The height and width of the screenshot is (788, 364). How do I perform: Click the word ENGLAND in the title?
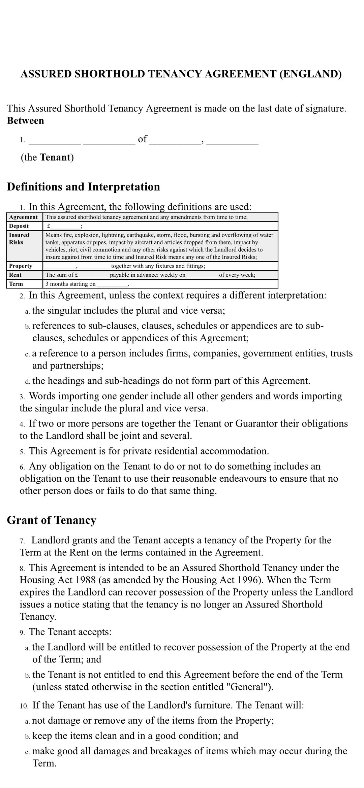tap(310, 74)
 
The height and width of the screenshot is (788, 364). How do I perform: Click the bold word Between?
tap(25, 121)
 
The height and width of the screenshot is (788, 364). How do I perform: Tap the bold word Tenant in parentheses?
tap(55, 157)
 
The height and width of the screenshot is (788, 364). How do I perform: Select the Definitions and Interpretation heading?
tap(83, 187)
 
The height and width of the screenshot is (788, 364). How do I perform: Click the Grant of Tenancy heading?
tap(52, 520)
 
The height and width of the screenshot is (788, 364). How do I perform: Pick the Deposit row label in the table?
tap(19, 226)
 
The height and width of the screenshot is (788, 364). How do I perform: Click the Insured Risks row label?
tap(19, 239)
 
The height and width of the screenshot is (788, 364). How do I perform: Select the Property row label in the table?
tap(21, 266)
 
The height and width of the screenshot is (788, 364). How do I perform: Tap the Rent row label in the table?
tap(15, 275)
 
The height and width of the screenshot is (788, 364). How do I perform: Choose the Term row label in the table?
tap(16, 284)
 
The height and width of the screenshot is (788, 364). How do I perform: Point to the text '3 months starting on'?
tap(70, 284)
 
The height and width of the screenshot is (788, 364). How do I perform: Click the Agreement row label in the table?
tap(23, 217)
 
